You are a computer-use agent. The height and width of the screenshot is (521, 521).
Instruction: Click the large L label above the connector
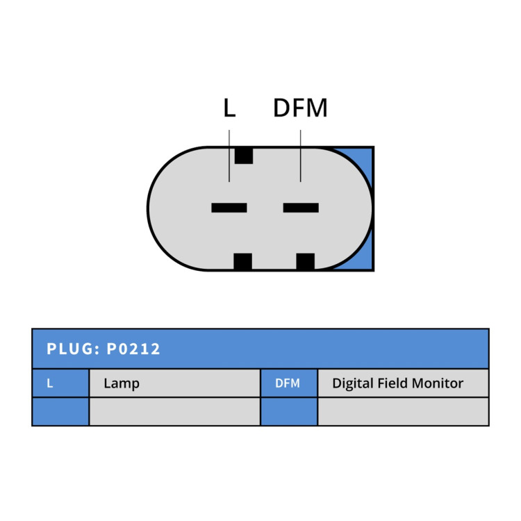pyautogui.click(x=229, y=108)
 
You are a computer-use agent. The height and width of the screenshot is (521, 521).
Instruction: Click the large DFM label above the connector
pyautogui.click(x=300, y=108)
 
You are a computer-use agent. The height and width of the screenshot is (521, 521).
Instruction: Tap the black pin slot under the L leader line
pyautogui.click(x=229, y=208)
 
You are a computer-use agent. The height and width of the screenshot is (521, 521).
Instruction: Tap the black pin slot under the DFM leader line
pyautogui.click(x=301, y=208)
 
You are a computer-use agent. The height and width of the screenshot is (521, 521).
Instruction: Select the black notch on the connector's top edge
pyautogui.click(x=244, y=156)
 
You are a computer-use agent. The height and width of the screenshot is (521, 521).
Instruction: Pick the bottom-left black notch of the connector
pyautogui.click(x=242, y=261)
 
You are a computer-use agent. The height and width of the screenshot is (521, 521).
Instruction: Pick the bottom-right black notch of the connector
pyautogui.click(x=306, y=261)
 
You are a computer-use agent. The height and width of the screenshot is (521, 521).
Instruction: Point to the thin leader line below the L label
pyautogui.click(x=229, y=156)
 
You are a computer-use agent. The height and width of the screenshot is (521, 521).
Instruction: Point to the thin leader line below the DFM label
pyautogui.click(x=301, y=156)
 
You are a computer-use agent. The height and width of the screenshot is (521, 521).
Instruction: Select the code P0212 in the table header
pyautogui.click(x=133, y=349)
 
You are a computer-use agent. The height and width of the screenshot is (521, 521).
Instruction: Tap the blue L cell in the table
pyautogui.click(x=61, y=383)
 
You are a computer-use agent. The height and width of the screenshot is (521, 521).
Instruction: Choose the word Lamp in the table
pyautogui.click(x=122, y=383)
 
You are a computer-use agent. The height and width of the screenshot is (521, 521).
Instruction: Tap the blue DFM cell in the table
pyautogui.click(x=289, y=383)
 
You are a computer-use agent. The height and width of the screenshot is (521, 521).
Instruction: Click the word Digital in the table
pyautogui.click(x=353, y=383)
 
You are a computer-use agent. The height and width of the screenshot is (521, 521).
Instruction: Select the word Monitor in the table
pyautogui.click(x=438, y=383)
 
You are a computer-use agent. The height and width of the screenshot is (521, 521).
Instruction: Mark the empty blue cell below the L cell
pyautogui.click(x=61, y=411)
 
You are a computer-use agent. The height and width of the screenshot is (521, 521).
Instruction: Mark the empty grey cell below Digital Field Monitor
pyautogui.click(x=403, y=411)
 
